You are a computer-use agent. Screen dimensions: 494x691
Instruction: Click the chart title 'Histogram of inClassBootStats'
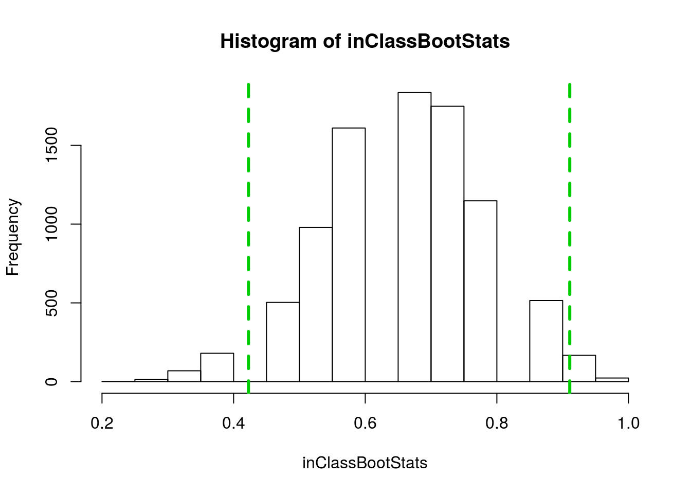pos(365,41)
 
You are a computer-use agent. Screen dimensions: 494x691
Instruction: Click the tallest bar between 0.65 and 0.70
pos(414,237)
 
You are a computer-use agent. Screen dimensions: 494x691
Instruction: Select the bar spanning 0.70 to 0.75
pos(447,244)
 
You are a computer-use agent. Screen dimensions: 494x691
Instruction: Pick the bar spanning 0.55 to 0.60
pos(349,255)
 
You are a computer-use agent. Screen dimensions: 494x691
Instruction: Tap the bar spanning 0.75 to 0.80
pos(480,291)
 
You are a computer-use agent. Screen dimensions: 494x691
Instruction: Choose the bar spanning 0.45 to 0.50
pos(283,342)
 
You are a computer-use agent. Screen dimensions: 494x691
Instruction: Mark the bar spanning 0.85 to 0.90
pos(546,341)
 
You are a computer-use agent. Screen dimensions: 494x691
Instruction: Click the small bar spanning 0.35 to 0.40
pos(217,367)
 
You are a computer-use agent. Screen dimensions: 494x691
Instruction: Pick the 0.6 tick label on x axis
pos(365,424)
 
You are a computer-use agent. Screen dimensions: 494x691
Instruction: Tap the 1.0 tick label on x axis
pos(628,424)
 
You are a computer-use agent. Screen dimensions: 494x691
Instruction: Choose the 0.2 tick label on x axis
pos(102,424)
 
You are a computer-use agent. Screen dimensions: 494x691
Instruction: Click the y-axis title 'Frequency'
pos(13,237)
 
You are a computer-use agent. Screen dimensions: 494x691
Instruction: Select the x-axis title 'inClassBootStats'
pos(365,463)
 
